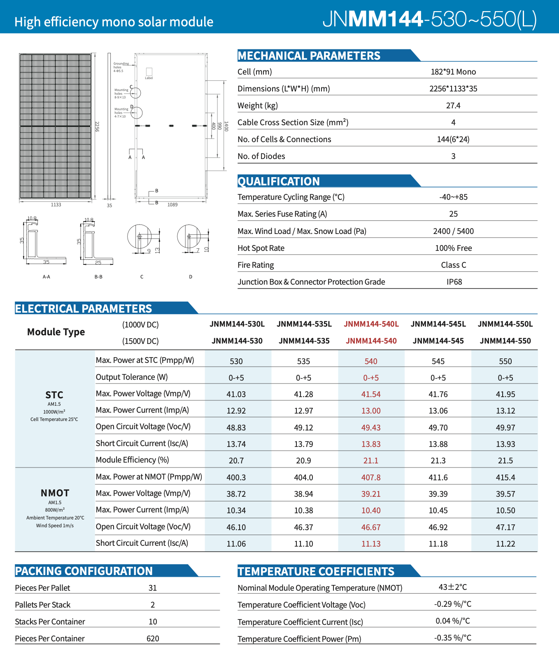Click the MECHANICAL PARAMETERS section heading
(309, 56)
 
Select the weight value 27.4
(453, 105)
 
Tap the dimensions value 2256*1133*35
(453, 89)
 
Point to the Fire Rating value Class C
(454, 265)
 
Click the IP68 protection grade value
(454, 282)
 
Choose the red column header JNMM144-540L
(371, 324)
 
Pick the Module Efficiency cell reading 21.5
(505, 461)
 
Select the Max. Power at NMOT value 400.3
(236, 477)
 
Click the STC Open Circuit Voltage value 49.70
(438, 428)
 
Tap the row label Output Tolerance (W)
(132, 377)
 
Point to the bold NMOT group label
(55, 493)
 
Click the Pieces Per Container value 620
(153, 638)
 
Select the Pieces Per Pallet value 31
(153, 588)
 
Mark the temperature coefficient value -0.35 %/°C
(452, 638)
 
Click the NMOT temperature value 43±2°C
(452, 587)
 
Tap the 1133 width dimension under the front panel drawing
(56, 205)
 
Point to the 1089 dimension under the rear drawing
(172, 205)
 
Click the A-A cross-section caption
(47, 277)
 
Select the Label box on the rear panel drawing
(149, 72)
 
